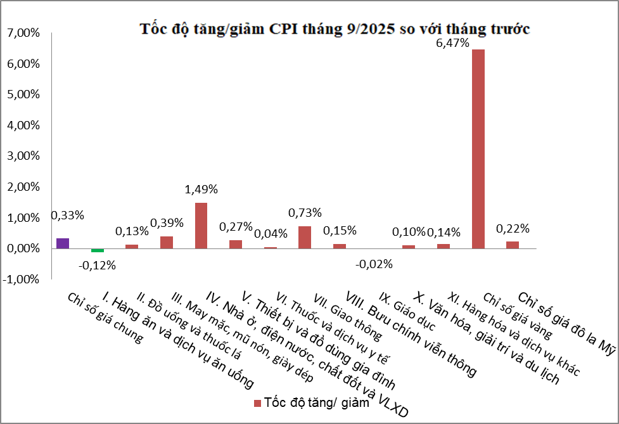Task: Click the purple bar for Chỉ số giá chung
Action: (x=63, y=243)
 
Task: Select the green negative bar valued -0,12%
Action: (x=97, y=250)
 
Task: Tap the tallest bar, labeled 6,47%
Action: (x=478, y=149)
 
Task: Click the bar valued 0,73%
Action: (x=305, y=237)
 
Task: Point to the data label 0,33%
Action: (x=67, y=215)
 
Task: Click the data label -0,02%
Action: (x=374, y=264)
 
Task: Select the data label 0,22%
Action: (x=513, y=228)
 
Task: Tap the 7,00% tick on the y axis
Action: (x=23, y=33)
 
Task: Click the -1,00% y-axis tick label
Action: (x=22, y=279)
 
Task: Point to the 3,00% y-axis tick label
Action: (x=23, y=157)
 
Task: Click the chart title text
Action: (x=335, y=29)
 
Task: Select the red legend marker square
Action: (x=257, y=404)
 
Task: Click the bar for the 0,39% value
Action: (x=167, y=242)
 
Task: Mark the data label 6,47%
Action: (x=454, y=44)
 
